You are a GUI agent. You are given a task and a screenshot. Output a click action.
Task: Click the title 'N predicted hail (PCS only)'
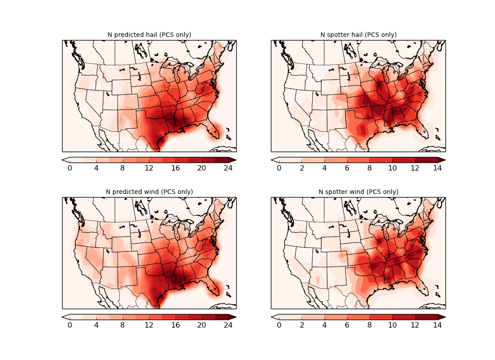(149, 35)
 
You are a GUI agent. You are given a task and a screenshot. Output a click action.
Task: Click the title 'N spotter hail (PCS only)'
(358, 35)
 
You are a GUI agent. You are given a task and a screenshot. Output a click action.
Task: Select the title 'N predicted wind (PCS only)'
(149, 192)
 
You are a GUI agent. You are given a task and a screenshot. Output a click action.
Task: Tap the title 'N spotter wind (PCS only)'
(358, 192)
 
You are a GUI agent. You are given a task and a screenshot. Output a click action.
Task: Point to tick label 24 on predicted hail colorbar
(229, 168)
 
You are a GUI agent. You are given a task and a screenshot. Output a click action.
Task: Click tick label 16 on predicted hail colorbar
(175, 168)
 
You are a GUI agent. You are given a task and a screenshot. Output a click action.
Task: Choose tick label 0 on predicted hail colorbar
(70, 168)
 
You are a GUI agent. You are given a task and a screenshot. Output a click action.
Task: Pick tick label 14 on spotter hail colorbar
(437, 168)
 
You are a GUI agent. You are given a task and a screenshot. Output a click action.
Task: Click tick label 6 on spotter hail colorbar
(347, 168)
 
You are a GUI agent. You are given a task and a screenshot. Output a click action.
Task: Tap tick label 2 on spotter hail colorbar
(301, 168)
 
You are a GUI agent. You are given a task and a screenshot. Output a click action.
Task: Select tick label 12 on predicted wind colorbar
(149, 325)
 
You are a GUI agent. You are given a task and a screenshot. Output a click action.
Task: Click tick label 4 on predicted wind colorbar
(96, 325)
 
